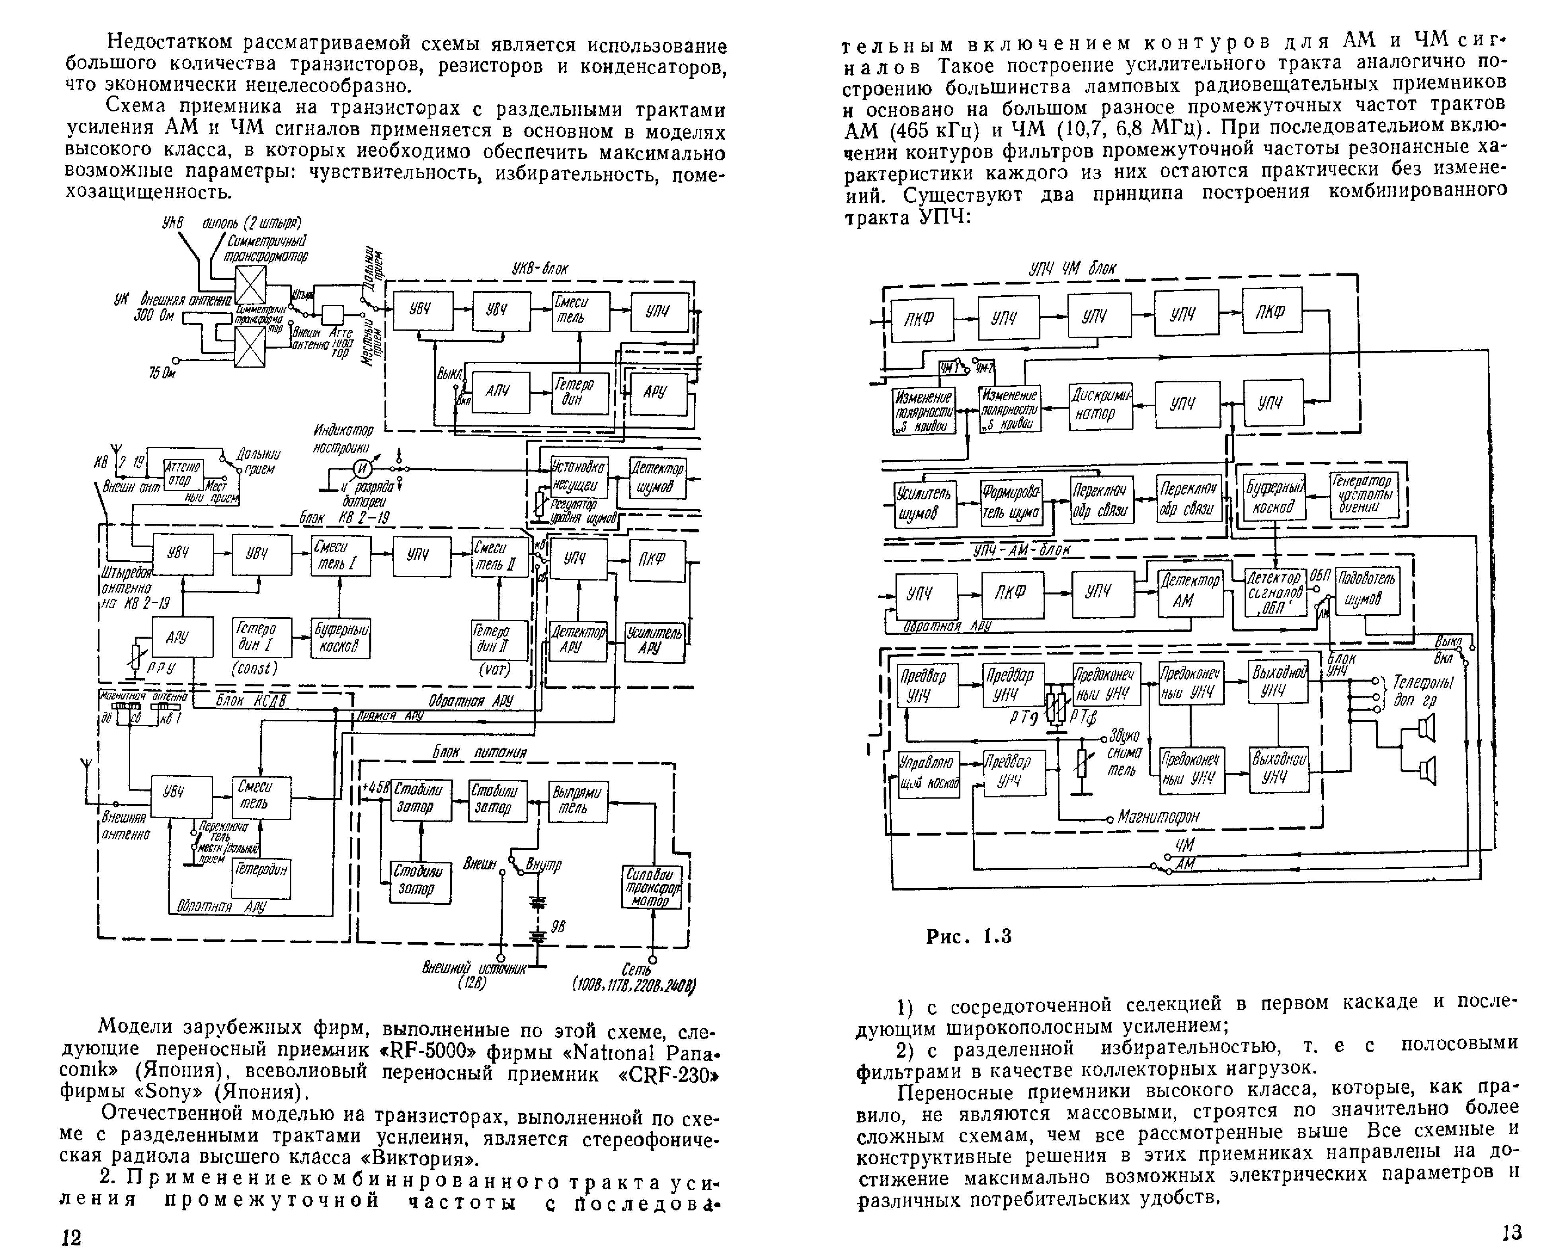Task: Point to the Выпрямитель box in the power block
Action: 577,801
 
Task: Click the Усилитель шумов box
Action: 925,503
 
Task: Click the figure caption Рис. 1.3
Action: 968,936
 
